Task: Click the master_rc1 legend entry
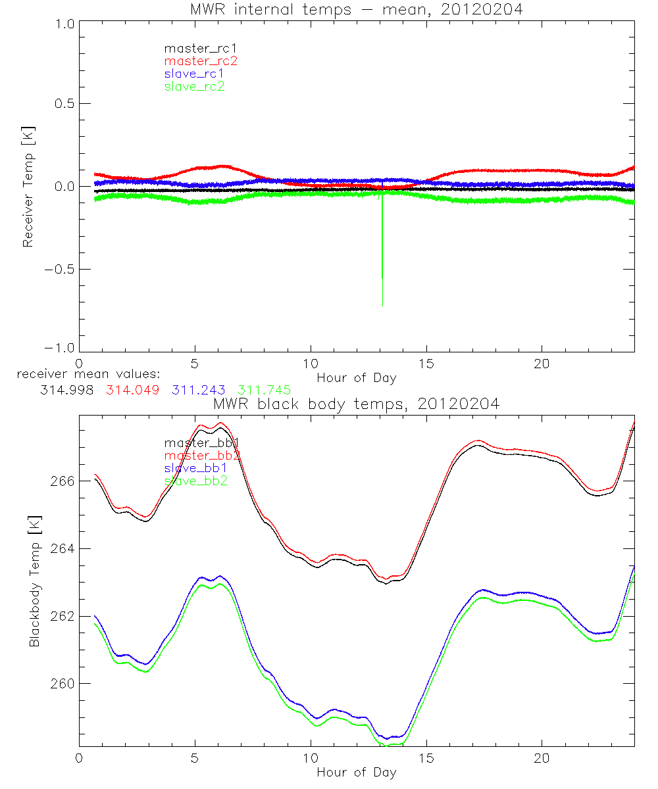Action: (194, 48)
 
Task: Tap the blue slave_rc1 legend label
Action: (194, 74)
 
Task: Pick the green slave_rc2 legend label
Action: (194, 86)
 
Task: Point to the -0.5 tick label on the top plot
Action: (59, 270)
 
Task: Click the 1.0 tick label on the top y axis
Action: (64, 24)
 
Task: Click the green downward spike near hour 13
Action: (382, 250)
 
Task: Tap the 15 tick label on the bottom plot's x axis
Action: (426, 757)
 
